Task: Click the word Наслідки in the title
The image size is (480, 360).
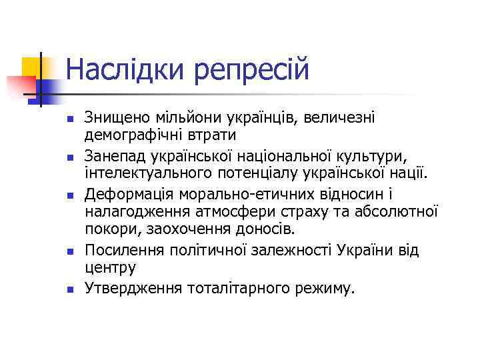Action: point(126,69)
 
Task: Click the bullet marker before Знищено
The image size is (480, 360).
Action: point(69,119)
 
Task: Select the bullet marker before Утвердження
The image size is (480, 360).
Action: point(69,289)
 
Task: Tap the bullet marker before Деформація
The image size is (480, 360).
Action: point(69,195)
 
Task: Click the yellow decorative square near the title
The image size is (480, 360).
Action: point(33,67)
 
